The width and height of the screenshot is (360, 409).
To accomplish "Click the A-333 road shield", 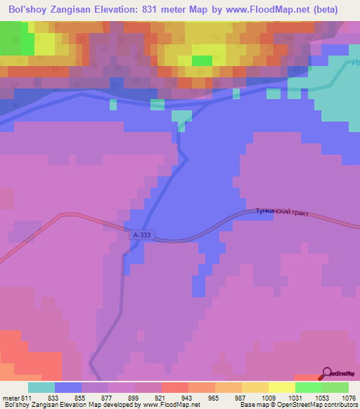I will [140, 235].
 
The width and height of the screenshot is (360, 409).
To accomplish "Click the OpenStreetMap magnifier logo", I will [328, 374].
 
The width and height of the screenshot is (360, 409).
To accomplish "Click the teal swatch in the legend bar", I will [41, 387].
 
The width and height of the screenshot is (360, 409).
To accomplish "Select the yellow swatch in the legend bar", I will [281, 387].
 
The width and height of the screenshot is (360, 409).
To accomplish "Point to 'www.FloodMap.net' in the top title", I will [261, 10].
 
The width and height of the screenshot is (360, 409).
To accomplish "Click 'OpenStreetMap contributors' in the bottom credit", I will [323, 405].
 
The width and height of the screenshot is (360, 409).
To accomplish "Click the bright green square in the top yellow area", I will [202, 60].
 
